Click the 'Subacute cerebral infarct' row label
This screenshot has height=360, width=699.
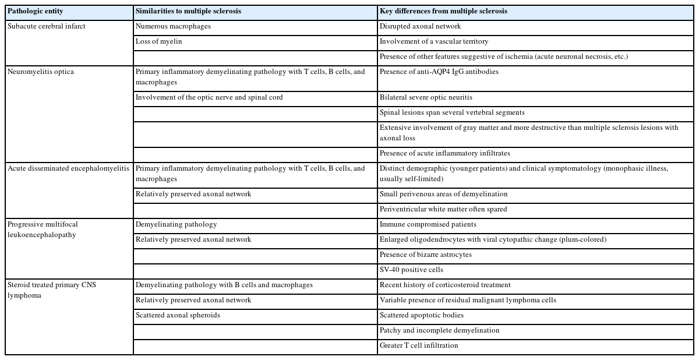(x=47, y=26)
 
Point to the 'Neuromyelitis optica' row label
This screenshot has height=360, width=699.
(x=41, y=72)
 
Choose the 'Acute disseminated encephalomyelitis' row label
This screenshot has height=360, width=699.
(x=68, y=168)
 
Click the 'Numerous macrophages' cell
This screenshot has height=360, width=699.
(x=173, y=26)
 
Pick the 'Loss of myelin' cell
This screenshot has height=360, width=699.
(x=158, y=41)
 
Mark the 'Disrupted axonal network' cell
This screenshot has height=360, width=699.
(x=420, y=26)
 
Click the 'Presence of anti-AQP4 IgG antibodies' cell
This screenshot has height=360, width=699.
(x=439, y=72)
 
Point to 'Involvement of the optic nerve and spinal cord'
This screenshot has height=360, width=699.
(x=209, y=97)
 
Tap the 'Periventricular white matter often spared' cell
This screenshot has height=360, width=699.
(x=443, y=209)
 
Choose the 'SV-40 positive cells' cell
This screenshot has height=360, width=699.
(x=411, y=270)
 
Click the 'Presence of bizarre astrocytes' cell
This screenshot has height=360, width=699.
(x=425, y=255)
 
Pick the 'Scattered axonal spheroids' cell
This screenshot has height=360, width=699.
(x=177, y=315)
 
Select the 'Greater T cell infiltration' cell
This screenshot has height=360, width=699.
(x=419, y=345)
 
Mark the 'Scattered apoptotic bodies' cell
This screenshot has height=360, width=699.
(x=422, y=315)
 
